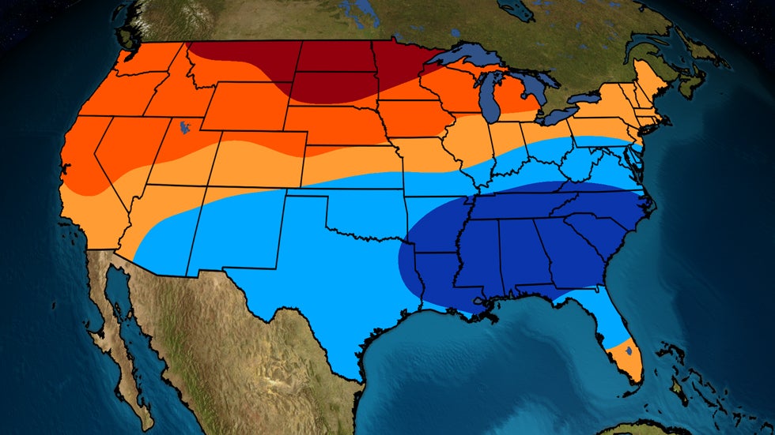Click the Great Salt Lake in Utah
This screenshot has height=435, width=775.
[x=183, y=126]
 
